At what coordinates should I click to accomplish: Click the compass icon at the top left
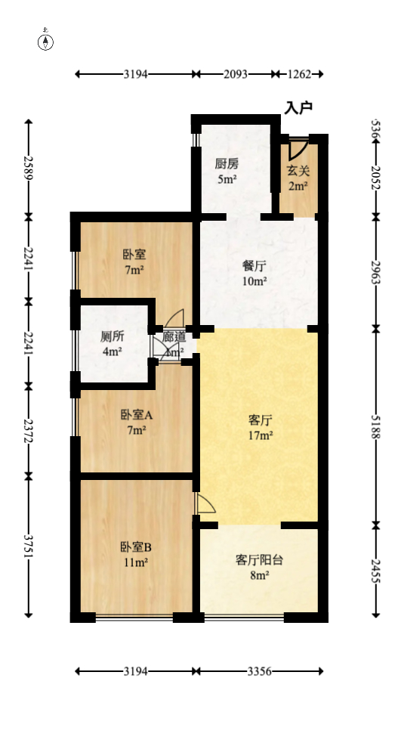46,41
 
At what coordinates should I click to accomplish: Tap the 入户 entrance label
298,108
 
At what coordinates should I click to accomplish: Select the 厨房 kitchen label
227,163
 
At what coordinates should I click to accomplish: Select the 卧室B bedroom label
136,547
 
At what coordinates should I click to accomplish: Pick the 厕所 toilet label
113,337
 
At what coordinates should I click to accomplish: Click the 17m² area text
261,435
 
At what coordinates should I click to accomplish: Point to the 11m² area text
136,562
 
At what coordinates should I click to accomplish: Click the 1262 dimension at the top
300,74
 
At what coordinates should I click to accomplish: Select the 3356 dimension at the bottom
260,671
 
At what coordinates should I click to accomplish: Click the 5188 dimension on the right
375,425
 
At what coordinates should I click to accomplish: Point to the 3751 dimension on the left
29,547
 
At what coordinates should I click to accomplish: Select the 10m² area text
254,281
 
